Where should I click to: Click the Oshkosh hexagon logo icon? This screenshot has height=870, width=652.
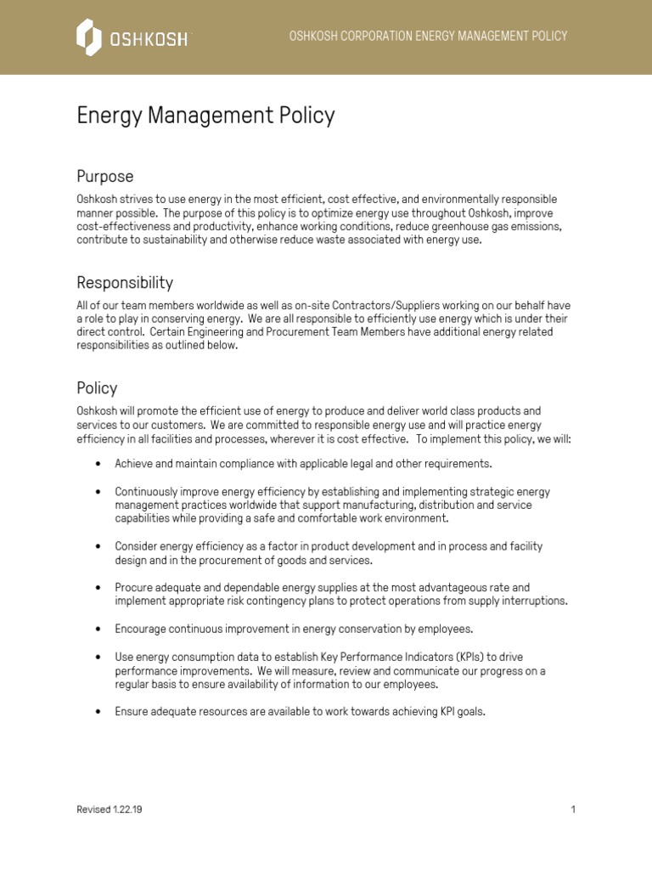click(88, 37)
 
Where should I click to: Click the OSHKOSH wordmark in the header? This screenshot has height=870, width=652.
click(148, 39)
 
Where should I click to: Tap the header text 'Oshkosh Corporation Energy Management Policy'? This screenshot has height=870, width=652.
click(428, 36)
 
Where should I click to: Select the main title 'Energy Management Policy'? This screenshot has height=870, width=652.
click(205, 116)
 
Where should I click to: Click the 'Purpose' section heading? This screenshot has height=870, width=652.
click(105, 177)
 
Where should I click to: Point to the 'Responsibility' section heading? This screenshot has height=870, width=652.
click(125, 282)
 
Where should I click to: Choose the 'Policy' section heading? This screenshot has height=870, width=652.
click(97, 388)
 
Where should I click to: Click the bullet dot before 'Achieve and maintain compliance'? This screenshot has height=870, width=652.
click(98, 465)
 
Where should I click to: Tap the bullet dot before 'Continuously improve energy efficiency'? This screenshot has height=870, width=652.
click(98, 492)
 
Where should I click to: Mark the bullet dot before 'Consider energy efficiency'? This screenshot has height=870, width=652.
click(98, 546)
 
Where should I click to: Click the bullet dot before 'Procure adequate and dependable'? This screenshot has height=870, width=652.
click(98, 588)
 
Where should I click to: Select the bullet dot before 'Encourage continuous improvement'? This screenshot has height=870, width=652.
click(98, 630)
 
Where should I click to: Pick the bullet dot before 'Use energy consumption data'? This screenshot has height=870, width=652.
click(98, 657)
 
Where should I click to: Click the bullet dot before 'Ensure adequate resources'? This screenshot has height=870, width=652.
click(98, 712)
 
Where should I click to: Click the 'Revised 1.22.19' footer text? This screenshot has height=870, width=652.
click(110, 810)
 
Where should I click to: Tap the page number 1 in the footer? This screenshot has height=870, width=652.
click(573, 810)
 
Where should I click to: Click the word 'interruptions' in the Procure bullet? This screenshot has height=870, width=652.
click(535, 601)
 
